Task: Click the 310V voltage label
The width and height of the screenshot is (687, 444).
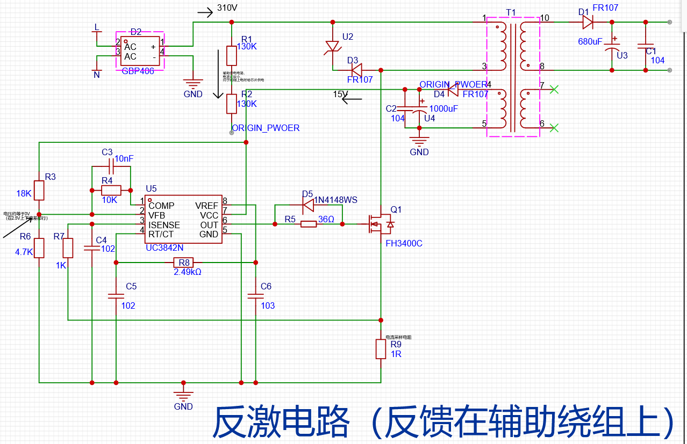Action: tap(227, 9)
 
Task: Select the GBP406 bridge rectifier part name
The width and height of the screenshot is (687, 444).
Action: tap(138, 71)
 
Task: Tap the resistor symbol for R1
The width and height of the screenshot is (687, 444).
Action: tap(232, 55)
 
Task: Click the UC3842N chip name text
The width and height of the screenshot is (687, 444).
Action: tap(164, 248)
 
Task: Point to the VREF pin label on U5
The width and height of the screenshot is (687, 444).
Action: tap(206, 206)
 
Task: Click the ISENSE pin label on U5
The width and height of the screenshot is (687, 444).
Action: tap(164, 225)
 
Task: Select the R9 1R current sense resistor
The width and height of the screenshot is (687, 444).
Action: tap(381, 349)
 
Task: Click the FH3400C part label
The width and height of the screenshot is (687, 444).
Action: tap(404, 243)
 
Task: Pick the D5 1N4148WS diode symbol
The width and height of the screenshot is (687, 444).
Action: tap(309, 205)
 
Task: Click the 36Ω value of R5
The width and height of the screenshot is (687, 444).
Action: tap(326, 219)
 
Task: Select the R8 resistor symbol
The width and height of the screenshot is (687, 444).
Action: tap(182, 263)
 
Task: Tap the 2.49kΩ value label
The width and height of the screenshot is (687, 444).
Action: tap(188, 272)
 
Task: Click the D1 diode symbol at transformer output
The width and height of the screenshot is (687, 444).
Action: tap(587, 22)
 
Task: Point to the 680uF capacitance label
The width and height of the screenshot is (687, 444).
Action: tap(590, 42)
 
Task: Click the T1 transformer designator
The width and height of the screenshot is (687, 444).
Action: tap(511, 13)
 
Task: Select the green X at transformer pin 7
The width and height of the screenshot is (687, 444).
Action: tap(555, 90)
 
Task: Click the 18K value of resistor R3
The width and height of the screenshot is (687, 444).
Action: tap(24, 193)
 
